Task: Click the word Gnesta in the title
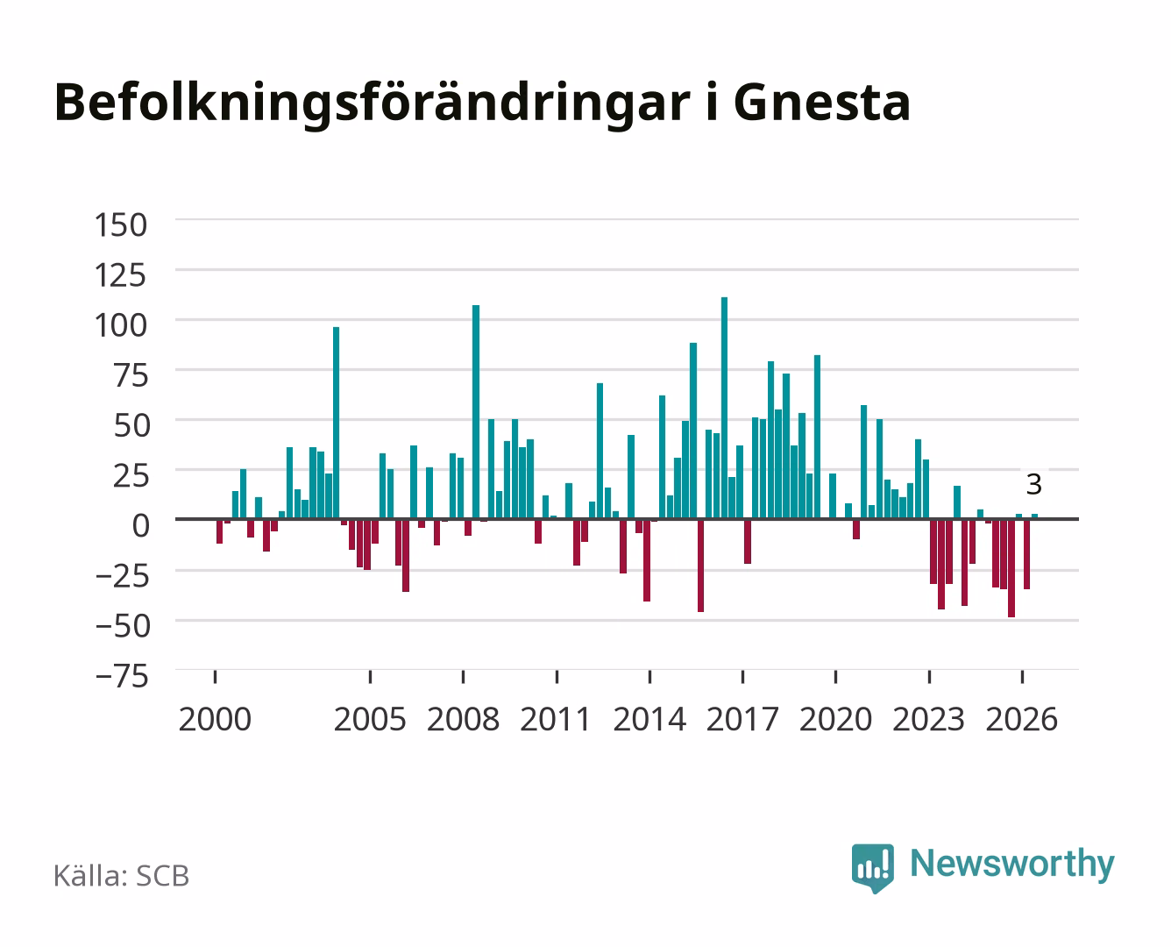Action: coord(822,103)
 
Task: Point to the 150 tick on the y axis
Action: coord(121,225)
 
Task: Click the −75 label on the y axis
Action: coord(122,676)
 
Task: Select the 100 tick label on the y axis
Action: coord(121,325)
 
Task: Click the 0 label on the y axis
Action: coord(141,525)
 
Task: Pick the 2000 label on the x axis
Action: coord(215,719)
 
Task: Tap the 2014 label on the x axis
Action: coord(649,719)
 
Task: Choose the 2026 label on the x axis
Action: coord(1022,719)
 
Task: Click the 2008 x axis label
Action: coord(464,719)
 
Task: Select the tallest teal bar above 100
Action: coord(724,408)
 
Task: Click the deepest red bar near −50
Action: coord(1011,568)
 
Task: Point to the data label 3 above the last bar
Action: coord(1034,485)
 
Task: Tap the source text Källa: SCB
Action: coord(122,875)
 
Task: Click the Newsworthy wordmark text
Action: coord(1012,865)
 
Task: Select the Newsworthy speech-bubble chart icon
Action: coord(872,868)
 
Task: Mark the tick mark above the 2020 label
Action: coord(835,676)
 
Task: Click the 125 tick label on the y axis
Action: coord(121,275)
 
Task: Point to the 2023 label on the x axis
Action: coord(928,719)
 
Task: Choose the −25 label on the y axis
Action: coord(122,576)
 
